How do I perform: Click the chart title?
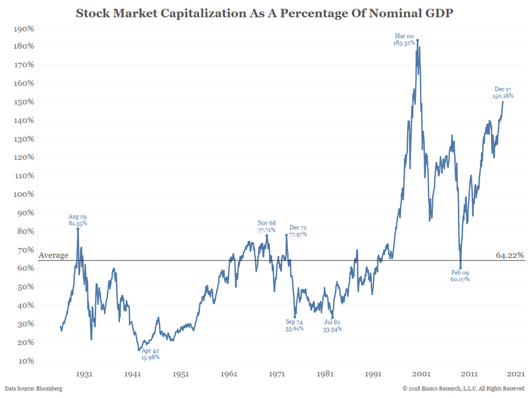pos(265,13)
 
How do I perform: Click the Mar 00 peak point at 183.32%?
pos(418,40)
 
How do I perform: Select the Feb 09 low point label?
pos(460,276)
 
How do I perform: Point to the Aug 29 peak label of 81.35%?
pos(78,220)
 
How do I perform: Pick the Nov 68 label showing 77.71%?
pos(267,226)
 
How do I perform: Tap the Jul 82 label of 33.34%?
pos(332,326)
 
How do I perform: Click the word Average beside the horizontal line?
pos(53,255)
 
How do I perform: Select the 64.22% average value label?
pos(510,255)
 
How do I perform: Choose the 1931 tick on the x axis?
pos(84,374)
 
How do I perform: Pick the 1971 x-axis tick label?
pos(277,374)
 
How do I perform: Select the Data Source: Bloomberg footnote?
pos(34,388)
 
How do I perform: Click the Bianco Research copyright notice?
pos(463,388)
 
